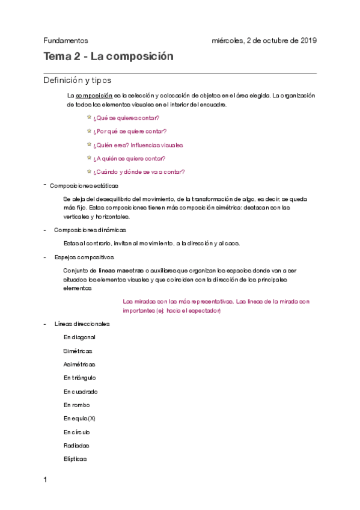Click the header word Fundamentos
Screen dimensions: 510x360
pos(66,41)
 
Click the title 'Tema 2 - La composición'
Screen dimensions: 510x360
pos(108,57)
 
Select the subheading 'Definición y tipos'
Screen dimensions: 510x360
pos(77,81)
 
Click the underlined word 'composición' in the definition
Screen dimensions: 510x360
pos(94,95)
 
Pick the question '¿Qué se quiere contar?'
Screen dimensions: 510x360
pos(126,118)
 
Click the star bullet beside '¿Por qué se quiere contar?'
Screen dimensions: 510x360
pos(89,131)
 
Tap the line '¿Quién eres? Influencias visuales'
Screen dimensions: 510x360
pos(138,145)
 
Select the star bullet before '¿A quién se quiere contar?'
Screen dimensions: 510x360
pos(89,158)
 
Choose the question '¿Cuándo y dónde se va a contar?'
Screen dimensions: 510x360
pos(139,171)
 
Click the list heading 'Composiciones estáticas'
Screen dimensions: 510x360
pos(84,186)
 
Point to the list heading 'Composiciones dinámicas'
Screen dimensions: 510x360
pos(90,230)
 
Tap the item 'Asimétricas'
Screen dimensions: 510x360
pos(79,364)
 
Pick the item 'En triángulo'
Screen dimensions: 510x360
pos(80,378)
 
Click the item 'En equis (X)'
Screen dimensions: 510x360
pos(79,419)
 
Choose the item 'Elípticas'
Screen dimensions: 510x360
pos(75,459)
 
